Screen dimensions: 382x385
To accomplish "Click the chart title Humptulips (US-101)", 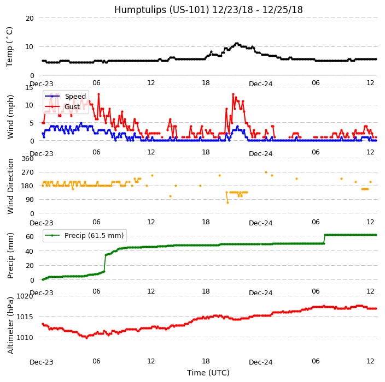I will click(208, 10).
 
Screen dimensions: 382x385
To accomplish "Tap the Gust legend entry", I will click(72, 107).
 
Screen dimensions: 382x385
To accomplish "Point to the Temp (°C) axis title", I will click(10, 46).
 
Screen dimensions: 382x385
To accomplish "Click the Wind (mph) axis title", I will click(10, 116).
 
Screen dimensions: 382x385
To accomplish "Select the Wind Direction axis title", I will click(10, 186).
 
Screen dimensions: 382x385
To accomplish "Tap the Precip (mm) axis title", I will click(10, 255).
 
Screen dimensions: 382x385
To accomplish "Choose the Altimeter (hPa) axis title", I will click(10, 325).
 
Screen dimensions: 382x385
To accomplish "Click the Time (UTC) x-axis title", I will click(208, 373).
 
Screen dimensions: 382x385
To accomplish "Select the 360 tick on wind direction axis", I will click(27, 159).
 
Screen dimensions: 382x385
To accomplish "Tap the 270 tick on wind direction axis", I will click(27, 172).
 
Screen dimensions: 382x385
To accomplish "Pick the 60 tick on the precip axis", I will click(30, 236).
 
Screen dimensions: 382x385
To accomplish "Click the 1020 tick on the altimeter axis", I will click(25, 296).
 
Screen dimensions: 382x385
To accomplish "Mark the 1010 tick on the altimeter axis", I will click(25, 337).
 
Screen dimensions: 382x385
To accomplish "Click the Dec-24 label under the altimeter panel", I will click(260, 362).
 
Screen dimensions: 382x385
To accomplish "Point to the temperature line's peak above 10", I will click(237, 43).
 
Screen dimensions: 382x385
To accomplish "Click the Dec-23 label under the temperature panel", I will click(42, 84).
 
